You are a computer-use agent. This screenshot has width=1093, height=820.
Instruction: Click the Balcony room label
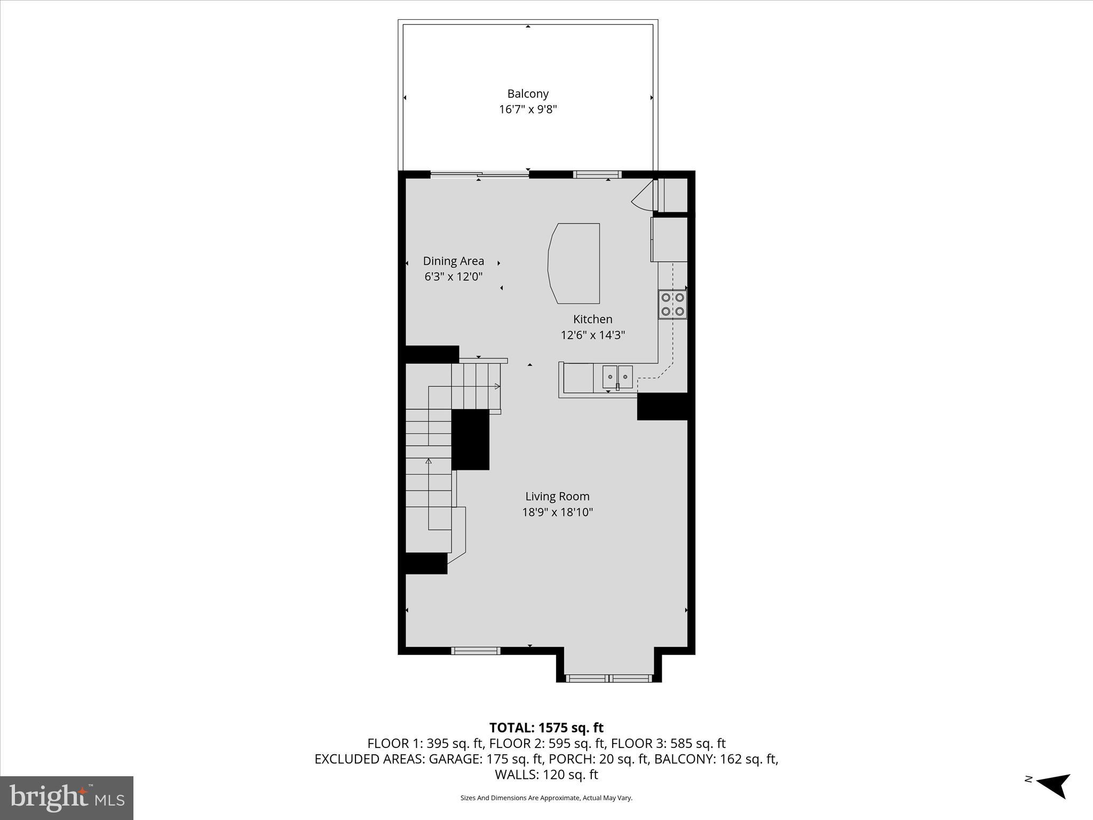(527, 94)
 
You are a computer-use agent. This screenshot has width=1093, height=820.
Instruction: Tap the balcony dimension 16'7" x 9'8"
(527, 109)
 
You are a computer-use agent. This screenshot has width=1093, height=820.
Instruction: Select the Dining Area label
(453, 261)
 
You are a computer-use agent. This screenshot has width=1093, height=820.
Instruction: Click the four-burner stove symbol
(672, 304)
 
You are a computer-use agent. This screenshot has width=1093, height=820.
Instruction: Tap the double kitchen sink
(617, 377)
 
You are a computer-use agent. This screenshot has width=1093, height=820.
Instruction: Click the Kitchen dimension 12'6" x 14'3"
(592, 335)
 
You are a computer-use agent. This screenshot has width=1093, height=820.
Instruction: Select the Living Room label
(557, 496)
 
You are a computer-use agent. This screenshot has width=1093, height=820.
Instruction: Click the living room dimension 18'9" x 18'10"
(557, 512)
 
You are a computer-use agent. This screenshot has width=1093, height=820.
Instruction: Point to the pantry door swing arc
(643, 195)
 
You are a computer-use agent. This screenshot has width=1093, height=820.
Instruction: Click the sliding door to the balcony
(480, 174)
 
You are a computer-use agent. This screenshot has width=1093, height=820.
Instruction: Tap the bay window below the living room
(609, 679)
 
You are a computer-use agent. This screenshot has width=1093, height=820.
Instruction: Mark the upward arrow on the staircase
(428, 462)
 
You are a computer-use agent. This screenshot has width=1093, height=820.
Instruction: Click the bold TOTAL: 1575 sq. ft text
(546, 728)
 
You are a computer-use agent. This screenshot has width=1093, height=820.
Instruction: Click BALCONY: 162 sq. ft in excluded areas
(716, 759)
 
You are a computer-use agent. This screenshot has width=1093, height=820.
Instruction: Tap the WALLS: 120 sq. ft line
(546, 774)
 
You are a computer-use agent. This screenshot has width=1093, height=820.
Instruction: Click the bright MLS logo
(67, 798)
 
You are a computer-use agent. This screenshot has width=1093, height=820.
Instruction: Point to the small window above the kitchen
(597, 174)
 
